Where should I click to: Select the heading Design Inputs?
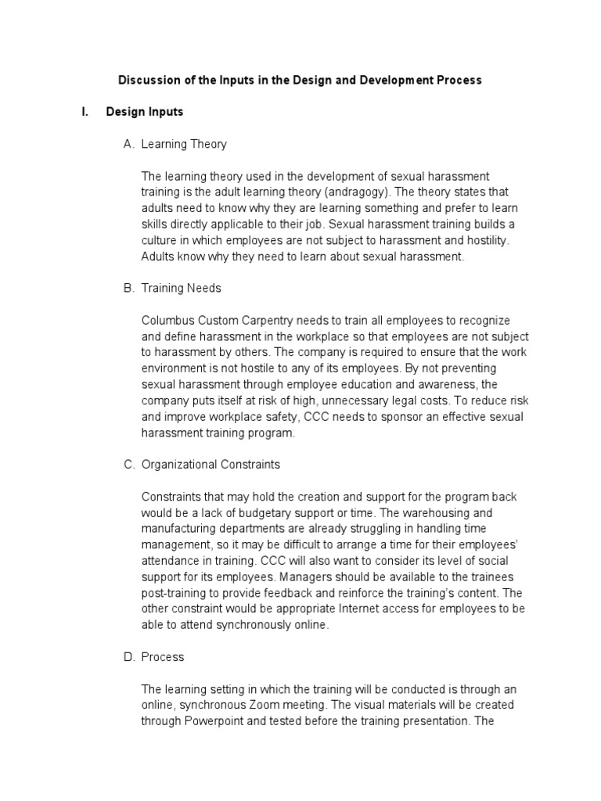coord(144,112)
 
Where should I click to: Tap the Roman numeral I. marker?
coord(85,112)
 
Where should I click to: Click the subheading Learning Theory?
coord(184,144)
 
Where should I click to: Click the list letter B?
coord(128,288)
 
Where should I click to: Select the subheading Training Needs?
coord(181,288)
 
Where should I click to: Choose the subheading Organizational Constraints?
coord(211,465)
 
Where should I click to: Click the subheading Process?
coord(163,657)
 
